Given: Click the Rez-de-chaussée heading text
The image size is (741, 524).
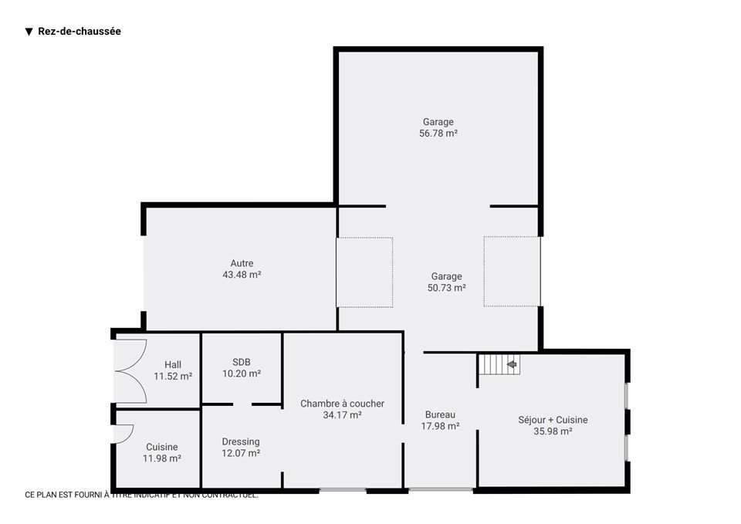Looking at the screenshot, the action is [80, 31].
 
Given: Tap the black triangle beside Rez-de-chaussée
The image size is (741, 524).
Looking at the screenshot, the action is [29, 32].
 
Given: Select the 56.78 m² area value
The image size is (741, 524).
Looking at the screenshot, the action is [438, 134].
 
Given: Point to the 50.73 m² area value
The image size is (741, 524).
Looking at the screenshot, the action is [447, 288].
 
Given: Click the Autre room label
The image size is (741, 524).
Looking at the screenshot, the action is [242, 263].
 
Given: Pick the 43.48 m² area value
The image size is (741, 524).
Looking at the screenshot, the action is [242, 275].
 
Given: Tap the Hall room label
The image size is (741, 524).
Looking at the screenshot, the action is [173, 365].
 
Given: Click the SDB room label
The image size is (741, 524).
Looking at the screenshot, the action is [242, 362].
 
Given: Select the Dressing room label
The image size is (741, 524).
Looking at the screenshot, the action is [241, 441].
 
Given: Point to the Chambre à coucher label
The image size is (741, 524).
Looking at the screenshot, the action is [342, 404].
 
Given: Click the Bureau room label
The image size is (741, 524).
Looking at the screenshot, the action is [441, 414].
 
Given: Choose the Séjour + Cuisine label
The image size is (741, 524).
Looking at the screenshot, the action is [553, 420].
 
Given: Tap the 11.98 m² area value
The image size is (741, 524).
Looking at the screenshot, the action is [162, 458].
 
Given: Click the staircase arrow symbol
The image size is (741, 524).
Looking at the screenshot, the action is [511, 364].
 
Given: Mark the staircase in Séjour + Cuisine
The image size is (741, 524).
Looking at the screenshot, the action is [499, 364].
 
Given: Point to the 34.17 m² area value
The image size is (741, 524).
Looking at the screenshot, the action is [342, 415].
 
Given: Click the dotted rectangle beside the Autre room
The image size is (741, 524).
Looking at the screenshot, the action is [364, 272].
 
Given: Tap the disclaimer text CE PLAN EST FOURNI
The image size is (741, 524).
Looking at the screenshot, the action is [141, 495].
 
